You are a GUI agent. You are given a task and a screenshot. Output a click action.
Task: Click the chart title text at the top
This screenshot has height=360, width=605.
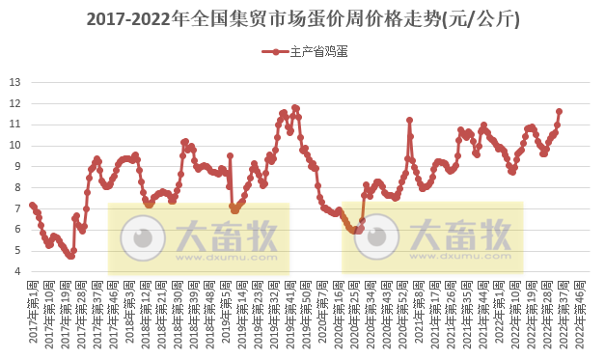[x=302, y=19]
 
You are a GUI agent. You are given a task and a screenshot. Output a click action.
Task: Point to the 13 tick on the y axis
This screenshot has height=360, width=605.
[x=14, y=81]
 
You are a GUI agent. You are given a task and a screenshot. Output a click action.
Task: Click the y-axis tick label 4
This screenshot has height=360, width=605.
[x=17, y=271]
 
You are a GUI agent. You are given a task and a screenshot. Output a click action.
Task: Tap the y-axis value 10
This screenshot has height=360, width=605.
[x=14, y=145]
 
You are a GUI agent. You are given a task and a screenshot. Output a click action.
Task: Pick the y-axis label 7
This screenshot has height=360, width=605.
[x=17, y=208]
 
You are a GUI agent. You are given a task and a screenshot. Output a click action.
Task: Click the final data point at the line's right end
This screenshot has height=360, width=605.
[x=559, y=111]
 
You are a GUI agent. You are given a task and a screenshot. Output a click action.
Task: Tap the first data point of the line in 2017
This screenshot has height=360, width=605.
[x=32, y=205]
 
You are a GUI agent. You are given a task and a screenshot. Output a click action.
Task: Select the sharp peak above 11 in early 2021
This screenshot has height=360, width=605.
[x=409, y=120]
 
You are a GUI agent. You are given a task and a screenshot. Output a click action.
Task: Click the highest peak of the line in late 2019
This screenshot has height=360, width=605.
[x=294, y=107]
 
